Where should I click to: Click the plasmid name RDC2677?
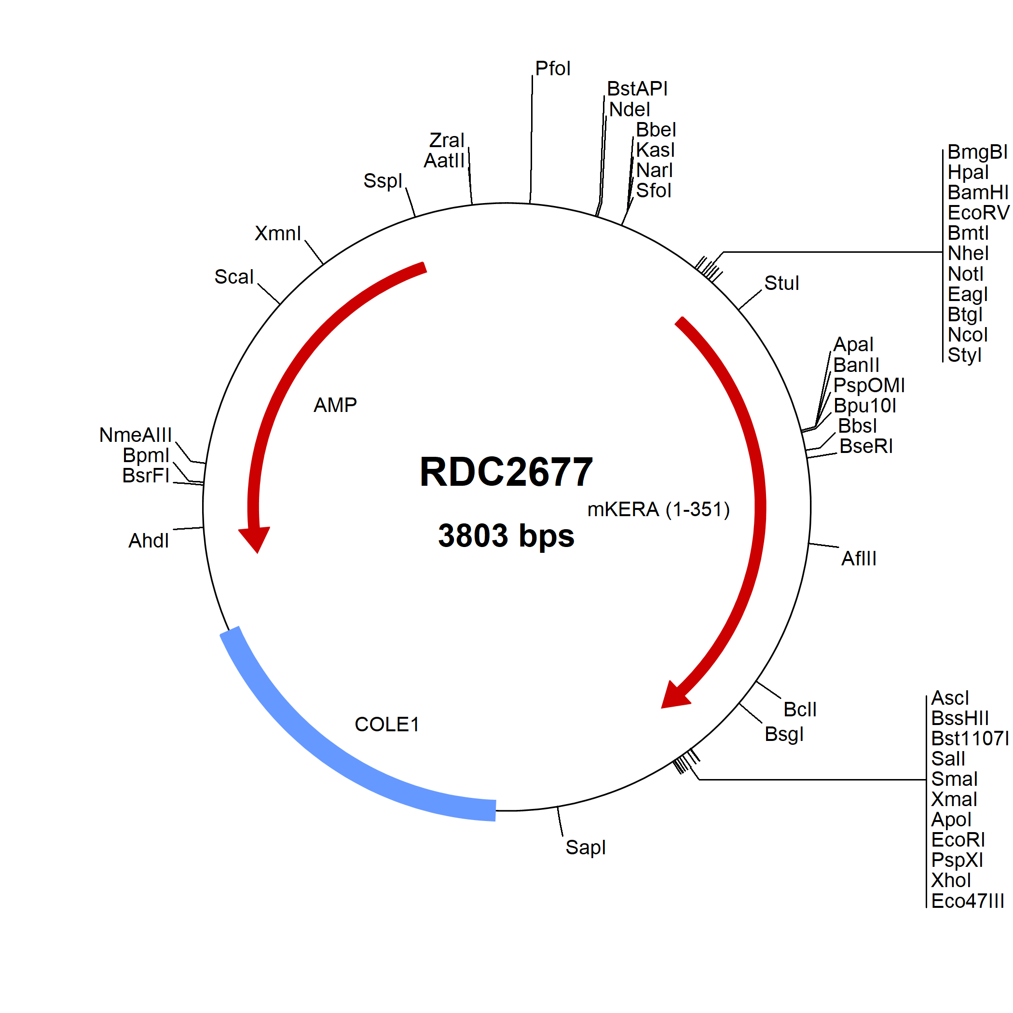coord(506,472)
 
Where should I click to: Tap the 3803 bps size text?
coord(506,536)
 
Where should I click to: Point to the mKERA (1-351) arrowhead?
coord(674,695)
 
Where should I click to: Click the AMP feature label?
coord(335,405)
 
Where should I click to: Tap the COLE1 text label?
coord(387,725)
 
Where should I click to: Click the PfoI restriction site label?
coord(553,68)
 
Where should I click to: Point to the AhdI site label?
coord(149,541)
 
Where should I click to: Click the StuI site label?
coord(782,283)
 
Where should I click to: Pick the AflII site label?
coord(859,559)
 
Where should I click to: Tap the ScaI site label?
coord(234,277)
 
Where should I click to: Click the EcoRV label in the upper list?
coord(978,213)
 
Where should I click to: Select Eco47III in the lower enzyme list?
coord(967,901)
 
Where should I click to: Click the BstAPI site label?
coord(637,89)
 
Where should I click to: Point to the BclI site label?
coord(800,710)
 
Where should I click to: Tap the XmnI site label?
coord(278,233)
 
